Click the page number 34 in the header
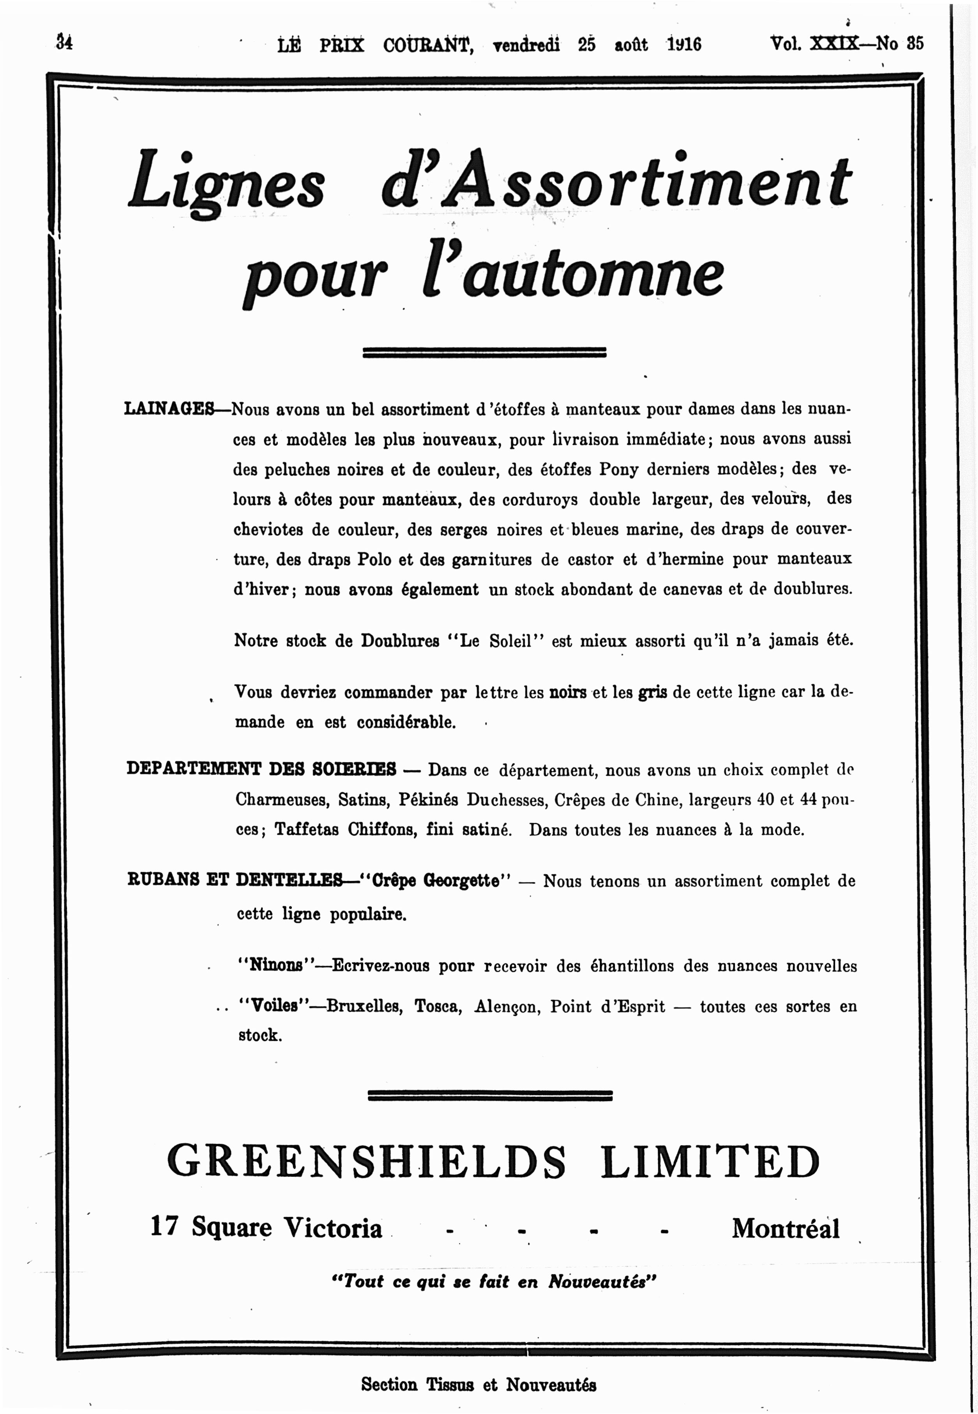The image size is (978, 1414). (64, 43)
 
